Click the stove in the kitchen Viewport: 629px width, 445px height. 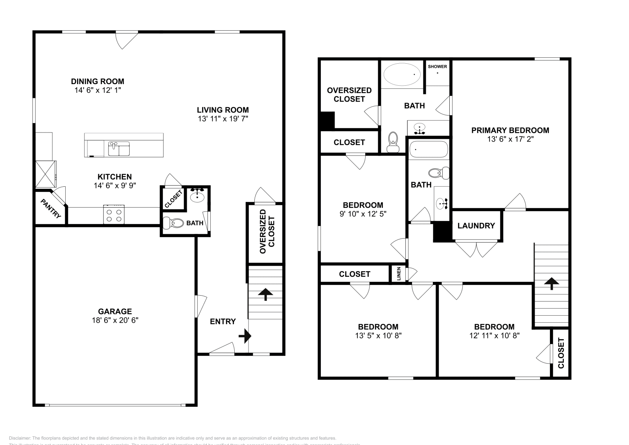click(x=114, y=215)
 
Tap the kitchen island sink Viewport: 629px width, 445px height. click(x=119, y=149)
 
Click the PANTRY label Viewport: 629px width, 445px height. click(x=51, y=208)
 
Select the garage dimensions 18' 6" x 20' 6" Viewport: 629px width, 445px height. click(x=115, y=320)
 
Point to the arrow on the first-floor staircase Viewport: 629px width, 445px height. click(x=265, y=294)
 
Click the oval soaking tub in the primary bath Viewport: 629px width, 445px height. click(x=402, y=74)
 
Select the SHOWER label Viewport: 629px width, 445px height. click(x=437, y=66)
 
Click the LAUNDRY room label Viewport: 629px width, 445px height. click(x=476, y=226)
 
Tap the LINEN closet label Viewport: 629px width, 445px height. click(x=399, y=274)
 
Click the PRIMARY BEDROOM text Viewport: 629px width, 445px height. click(x=510, y=130)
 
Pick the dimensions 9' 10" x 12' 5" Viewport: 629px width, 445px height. click(x=362, y=214)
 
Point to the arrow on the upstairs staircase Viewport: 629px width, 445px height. click(x=552, y=283)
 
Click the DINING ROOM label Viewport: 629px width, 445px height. click(x=97, y=81)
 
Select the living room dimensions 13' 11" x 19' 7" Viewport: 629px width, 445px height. click(x=223, y=119)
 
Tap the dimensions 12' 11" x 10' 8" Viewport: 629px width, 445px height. click(x=494, y=336)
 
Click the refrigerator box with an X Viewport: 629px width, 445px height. click(x=46, y=174)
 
